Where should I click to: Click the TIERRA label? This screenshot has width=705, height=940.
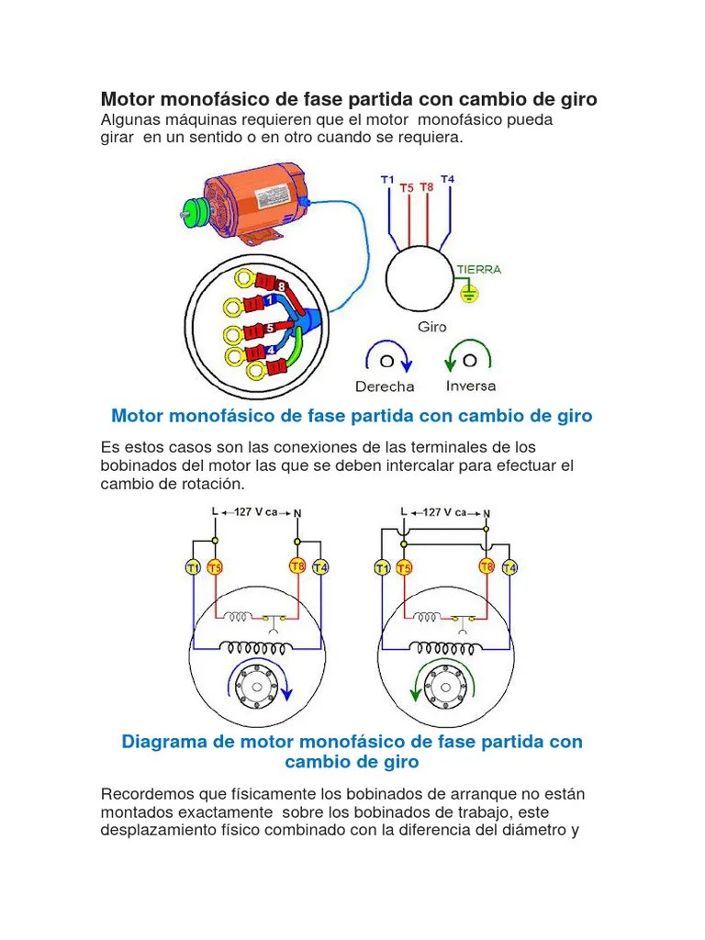tap(479, 270)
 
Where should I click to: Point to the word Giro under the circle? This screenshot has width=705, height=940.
tap(431, 326)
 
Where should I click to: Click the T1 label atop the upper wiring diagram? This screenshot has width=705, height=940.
tap(387, 180)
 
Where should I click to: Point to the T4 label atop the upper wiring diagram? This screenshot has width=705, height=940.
tap(447, 179)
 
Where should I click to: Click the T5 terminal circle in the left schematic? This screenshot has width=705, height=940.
tap(214, 567)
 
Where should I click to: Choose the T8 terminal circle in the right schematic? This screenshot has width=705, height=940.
tap(487, 567)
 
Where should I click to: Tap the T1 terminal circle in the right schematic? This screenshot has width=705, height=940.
tap(382, 568)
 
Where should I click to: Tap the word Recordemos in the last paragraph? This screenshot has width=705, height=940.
tap(145, 793)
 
